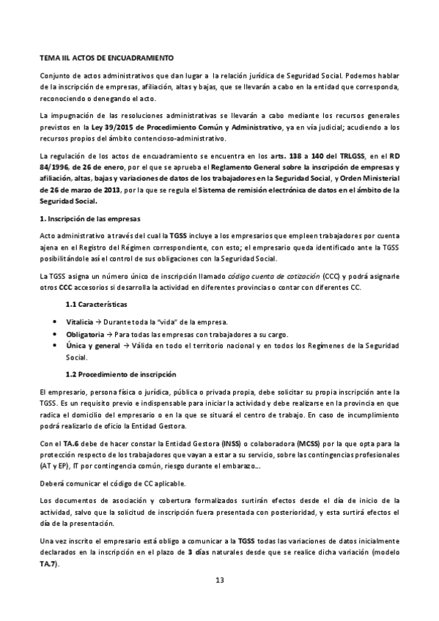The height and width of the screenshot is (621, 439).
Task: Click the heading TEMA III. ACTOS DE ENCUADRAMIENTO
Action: click(x=106, y=56)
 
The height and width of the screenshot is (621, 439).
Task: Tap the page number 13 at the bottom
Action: click(x=218, y=581)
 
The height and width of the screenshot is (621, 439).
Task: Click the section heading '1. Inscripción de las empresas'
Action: click(x=89, y=218)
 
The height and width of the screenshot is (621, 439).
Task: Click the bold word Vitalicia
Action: click(x=81, y=323)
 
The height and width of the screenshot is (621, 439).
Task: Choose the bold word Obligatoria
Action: click(x=85, y=335)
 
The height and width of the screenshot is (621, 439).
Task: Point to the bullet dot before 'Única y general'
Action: click(x=56, y=346)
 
